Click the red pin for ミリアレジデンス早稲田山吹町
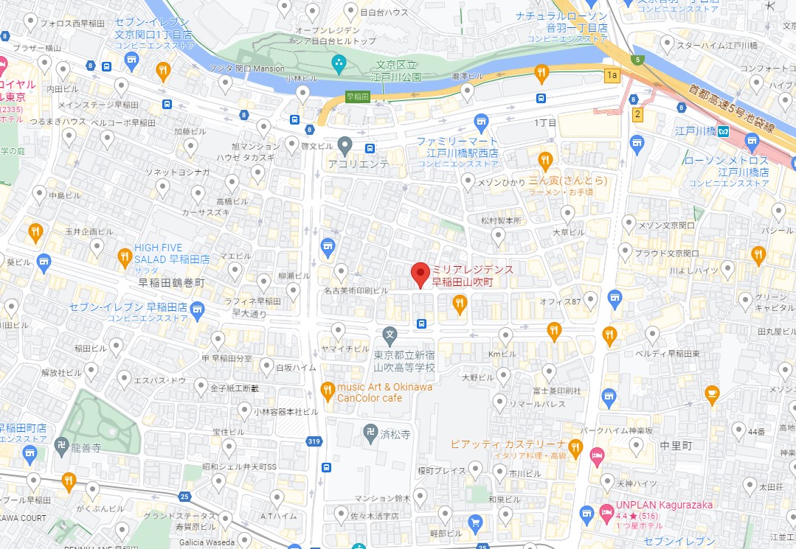pyautogui.click(x=420, y=274)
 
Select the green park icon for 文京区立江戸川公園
pyautogui.click(x=339, y=64)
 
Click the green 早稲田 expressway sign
pyautogui.click(x=358, y=97)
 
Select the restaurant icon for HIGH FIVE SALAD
pyautogui.click(x=125, y=257)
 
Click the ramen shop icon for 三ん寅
pyautogui.click(x=545, y=160)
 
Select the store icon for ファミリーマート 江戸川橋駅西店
pyautogui.click(x=482, y=120)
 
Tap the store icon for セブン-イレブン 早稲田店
pyautogui.click(x=196, y=307)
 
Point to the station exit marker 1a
pyautogui.click(x=611, y=75)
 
